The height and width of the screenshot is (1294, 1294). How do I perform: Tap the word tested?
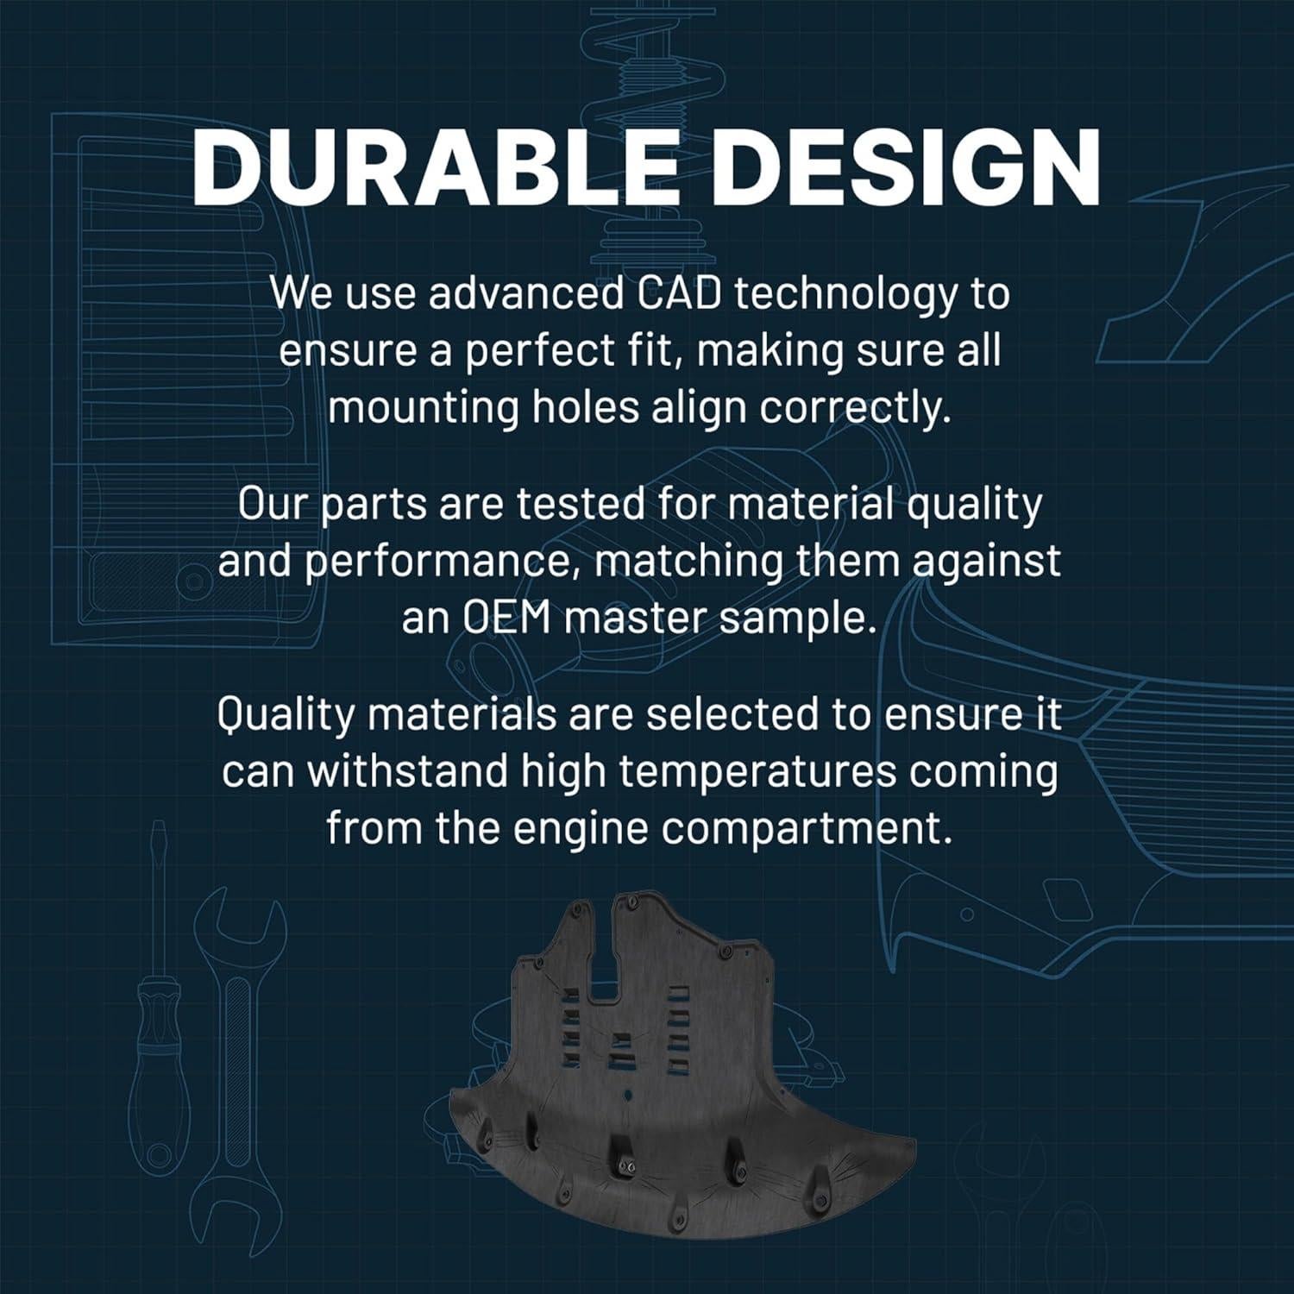tap(573, 504)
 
